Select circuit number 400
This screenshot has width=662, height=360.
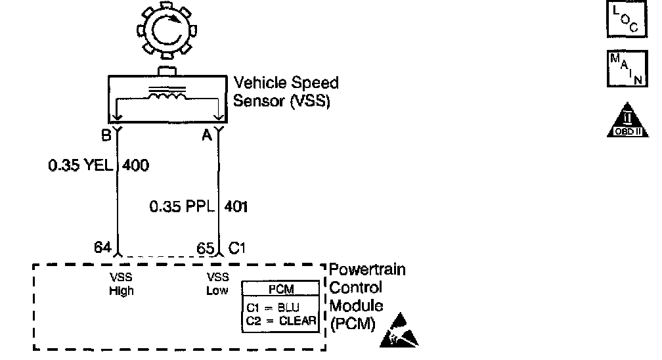135,166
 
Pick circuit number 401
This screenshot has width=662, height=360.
236,207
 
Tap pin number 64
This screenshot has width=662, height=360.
102,248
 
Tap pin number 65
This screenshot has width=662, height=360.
206,248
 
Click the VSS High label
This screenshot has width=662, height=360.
121,284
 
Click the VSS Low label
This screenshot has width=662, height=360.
217,284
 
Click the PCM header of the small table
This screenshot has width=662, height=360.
281,289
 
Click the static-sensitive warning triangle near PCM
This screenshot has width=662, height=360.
399,330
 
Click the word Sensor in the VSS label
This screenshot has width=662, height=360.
257,103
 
